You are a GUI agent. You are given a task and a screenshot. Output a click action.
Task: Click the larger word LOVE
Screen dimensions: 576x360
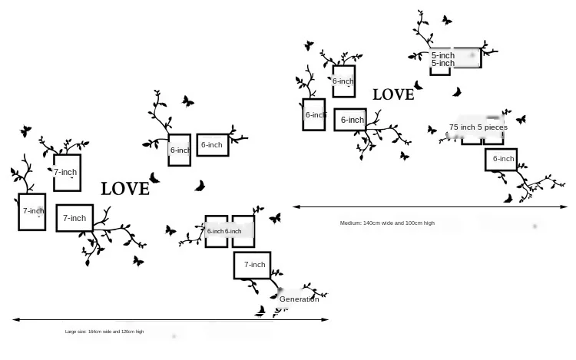pos(125,188)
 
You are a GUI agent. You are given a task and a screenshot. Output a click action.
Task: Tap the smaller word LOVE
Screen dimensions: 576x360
pos(393,94)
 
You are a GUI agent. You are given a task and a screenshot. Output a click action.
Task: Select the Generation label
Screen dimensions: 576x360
pos(299,299)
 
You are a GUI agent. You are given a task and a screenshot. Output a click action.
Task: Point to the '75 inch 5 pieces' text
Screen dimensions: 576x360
pos(478,127)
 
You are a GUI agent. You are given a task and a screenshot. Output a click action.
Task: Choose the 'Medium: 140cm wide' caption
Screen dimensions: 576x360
pos(387,223)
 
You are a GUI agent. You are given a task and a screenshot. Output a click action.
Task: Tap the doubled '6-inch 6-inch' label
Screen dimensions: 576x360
pos(224,231)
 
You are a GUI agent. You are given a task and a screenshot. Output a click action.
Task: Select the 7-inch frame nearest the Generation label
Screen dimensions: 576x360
pos(254,265)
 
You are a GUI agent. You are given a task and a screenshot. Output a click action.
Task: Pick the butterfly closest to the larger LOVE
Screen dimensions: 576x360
pos(154,178)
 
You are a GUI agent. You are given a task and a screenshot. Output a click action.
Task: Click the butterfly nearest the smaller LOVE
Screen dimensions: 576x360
pos(418,85)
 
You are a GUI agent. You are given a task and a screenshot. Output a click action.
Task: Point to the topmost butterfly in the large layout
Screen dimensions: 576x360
pos(187,101)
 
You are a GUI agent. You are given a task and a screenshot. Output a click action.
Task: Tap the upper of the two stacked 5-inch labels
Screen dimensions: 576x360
pos(443,55)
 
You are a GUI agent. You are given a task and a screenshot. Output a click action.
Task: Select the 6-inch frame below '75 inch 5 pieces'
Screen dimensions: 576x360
pos(503,159)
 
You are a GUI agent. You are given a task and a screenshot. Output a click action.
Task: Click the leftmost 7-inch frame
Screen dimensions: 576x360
pos(32,211)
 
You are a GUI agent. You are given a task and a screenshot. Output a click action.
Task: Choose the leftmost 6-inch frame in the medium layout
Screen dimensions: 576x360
pos(313,115)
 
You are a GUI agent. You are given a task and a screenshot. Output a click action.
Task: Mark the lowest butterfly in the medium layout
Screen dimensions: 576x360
pos(508,199)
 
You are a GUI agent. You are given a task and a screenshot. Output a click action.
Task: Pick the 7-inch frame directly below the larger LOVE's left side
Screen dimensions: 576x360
pos(74,218)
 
